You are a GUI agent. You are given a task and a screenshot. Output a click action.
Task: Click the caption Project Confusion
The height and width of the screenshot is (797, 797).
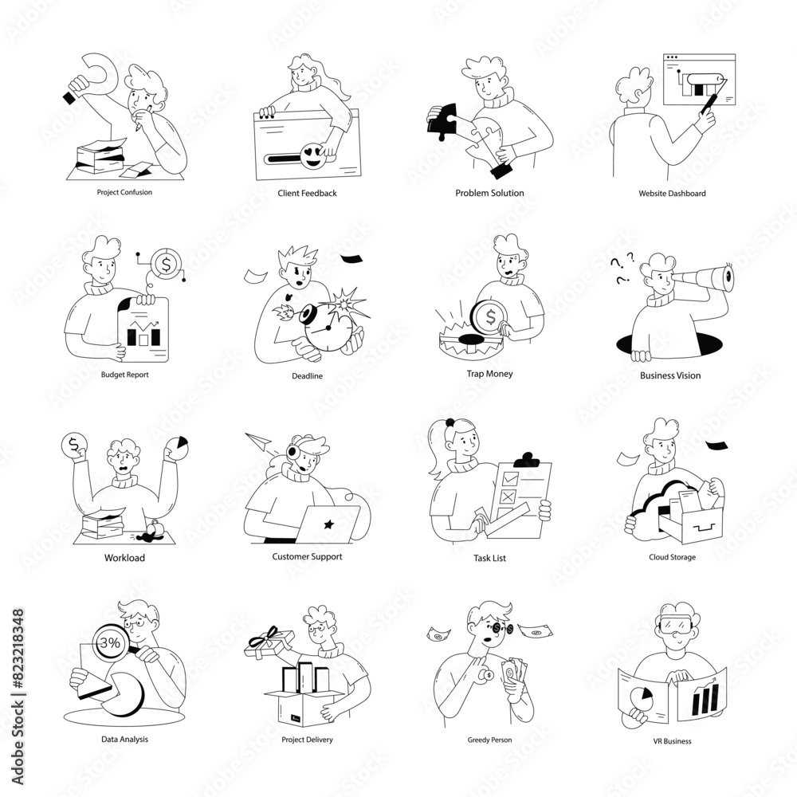[124, 192]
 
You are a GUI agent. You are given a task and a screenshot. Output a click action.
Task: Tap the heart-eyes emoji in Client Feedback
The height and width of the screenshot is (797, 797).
[313, 156]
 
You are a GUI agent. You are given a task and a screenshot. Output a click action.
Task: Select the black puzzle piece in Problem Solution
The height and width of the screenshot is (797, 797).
[442, 120]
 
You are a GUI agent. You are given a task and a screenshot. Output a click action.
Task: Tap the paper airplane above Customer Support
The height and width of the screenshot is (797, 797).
[259, 442]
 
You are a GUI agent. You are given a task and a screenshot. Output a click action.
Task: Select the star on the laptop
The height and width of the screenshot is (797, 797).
[328, 523]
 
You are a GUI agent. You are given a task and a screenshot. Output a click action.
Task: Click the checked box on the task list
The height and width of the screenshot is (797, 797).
[510, 478]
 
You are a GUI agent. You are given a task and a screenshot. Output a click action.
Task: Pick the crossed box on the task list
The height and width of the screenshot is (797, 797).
[508, 496]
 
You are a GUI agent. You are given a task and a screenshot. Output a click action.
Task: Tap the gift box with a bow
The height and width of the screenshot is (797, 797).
[270, 644]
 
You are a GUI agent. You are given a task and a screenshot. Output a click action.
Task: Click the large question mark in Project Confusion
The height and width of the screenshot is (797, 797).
[96, 77]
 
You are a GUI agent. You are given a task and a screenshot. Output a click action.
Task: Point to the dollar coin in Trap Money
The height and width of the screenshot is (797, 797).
[489, 317]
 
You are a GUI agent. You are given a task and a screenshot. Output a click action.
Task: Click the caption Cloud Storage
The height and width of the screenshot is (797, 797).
[672, 557]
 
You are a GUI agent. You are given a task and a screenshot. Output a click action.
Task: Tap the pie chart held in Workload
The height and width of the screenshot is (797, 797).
[177, 448]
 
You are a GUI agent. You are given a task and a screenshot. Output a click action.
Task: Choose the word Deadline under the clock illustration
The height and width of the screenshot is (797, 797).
[307, 376]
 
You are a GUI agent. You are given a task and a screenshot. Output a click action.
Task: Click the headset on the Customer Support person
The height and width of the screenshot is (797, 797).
[295, 455]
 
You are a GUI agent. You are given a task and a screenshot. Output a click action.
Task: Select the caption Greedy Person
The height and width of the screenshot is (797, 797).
[489, 740]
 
